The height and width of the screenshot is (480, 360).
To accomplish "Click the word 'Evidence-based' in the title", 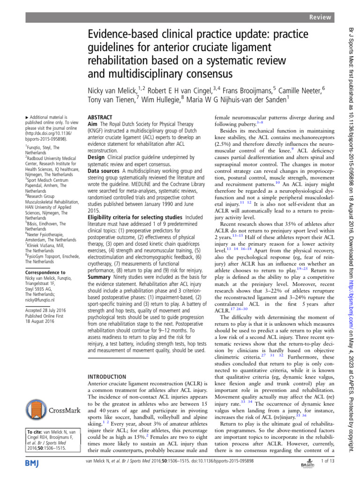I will click(x=117, y=35).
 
